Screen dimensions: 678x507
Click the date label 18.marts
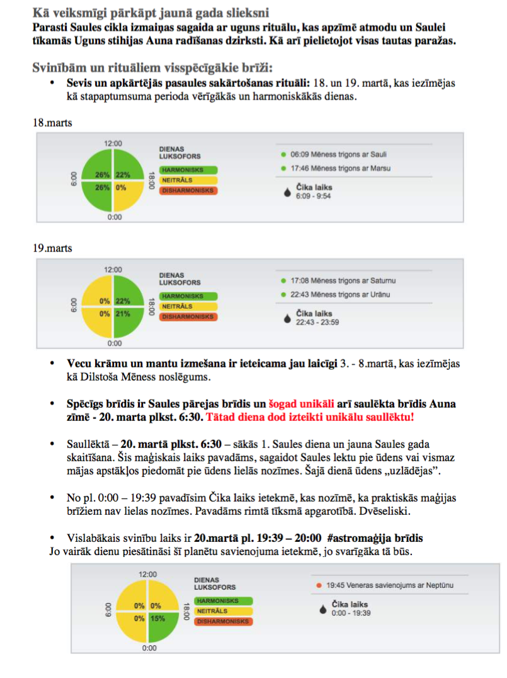(x=52, y=123)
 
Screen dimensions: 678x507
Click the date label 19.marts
(x=52, y=248)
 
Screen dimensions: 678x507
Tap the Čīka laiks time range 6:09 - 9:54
(x=313, y=196)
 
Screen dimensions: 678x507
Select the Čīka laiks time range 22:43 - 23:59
(x=317, y=322)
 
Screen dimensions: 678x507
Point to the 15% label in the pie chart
(x=157, y=618)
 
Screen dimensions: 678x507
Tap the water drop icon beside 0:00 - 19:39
(x=323, y=609)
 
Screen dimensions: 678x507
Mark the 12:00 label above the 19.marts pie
(x=113, y=270)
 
